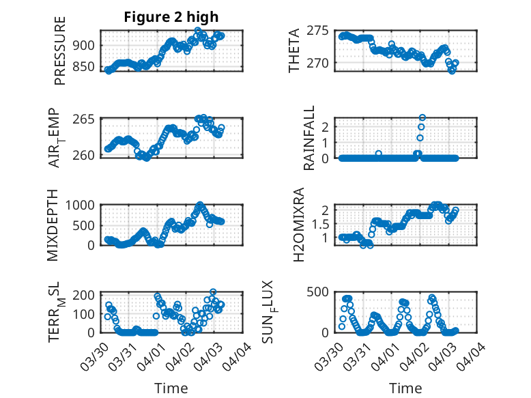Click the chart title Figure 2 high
[171, 17]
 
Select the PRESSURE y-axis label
[60, 55]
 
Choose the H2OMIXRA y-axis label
[298, 225]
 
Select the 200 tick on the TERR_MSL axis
[86, 295]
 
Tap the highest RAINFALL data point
[422, 117]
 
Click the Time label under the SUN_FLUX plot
[405, 388]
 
